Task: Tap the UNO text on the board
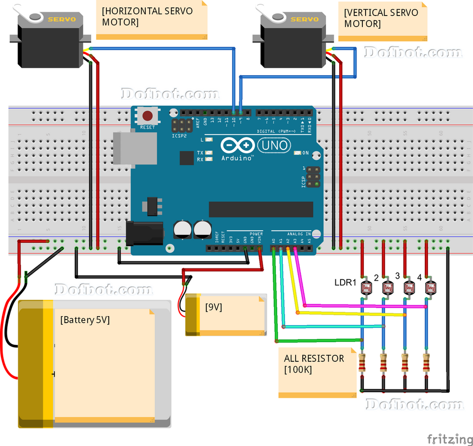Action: point(275,145)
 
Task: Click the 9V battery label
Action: point(214,307)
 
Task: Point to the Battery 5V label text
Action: point(85,320)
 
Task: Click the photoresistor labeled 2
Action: point(387,287)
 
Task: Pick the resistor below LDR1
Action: point(363,364)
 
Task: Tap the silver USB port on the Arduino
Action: point(135,147)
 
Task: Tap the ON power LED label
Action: point(306,153)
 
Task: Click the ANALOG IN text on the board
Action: point(298,233)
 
